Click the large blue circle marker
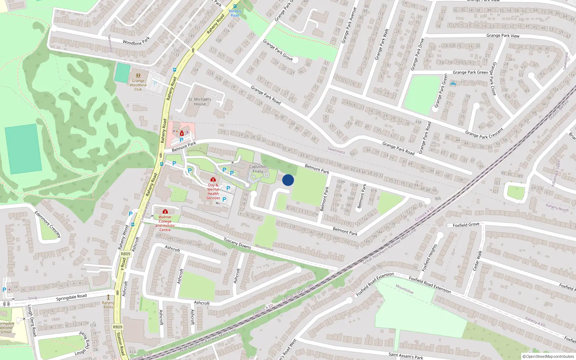pos(288,180)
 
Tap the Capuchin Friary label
pos(258,169)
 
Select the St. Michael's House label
pos(200,102)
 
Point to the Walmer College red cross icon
pos(165,211)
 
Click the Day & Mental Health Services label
pos(213,192)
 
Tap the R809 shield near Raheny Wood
pos(125,254)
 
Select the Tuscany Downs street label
pos(237,243)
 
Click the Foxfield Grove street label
pos(466,225)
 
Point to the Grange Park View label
pos(503,36)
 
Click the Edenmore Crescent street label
pos(48,224)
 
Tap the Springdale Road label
pos(71,297)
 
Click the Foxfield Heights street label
pos(429,257)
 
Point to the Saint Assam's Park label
pos(406,356)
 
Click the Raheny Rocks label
pos(108,305)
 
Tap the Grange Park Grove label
pos(278,50)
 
